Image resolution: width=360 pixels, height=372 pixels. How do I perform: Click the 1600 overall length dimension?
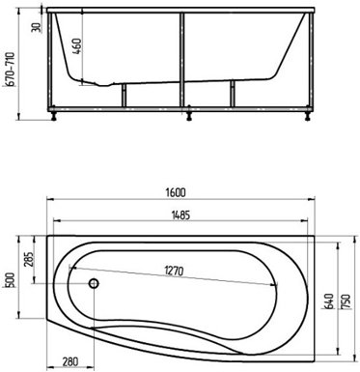pyautogui.click(x=176, y=192)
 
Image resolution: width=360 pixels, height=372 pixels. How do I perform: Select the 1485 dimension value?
pyautogui.click(x=180, y=215)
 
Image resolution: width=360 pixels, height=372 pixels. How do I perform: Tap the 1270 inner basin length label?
pyautogui.click(x=174, y=271)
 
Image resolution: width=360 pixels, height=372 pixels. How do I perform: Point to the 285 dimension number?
pyautogui.click(x=29, y=259)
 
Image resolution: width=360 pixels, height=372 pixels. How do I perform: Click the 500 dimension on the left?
pyautogui.click(x=11, y=280)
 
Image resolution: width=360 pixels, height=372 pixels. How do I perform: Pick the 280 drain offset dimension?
pyautogui.click(x=69, y=361)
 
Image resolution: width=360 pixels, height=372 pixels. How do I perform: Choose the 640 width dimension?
pyautogui.click(x=328, y=301)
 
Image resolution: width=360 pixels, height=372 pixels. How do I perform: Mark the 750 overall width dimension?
pyautogui.click(x=346, y=301)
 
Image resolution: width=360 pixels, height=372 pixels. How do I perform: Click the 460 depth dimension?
pyautogui.click(x=76, y=46)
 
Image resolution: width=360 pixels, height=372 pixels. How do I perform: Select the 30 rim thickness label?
pyautogui.click(x=37, y=27)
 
